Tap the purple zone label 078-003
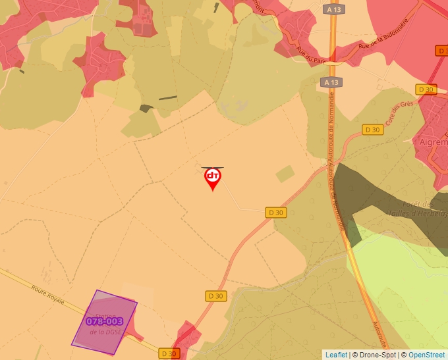click(104, 321)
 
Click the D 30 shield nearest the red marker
click(276, 212)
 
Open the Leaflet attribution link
click(336, 355)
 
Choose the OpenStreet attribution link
click(427, 355)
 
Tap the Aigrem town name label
click(433, 141)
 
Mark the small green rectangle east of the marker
click(285, 174)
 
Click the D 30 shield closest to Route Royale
click(169, 353)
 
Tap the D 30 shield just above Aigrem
click(426, 90)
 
